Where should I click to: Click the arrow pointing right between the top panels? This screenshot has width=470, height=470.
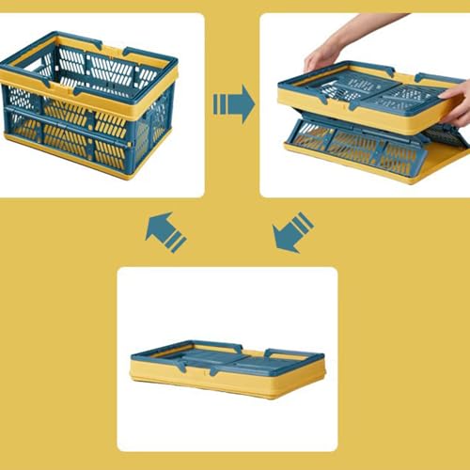pos(235,103)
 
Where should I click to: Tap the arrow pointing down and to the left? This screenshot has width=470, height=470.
pos(291,232)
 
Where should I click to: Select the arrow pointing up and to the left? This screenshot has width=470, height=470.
pos(164,231)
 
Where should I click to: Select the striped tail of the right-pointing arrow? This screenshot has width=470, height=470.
pos(222,103)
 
